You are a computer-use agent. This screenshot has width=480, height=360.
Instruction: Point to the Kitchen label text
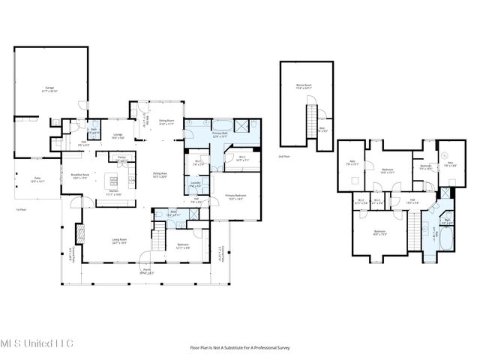click(115, 193)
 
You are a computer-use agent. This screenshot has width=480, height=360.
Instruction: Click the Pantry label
click(121, 159)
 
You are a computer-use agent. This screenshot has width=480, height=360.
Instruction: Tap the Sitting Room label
click(166, 121)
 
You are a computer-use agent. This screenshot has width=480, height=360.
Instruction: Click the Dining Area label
click(159, 175)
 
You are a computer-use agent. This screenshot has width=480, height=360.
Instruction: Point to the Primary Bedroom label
click(235, 196)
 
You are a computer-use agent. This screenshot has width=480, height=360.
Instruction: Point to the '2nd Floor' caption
click(283, 157)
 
